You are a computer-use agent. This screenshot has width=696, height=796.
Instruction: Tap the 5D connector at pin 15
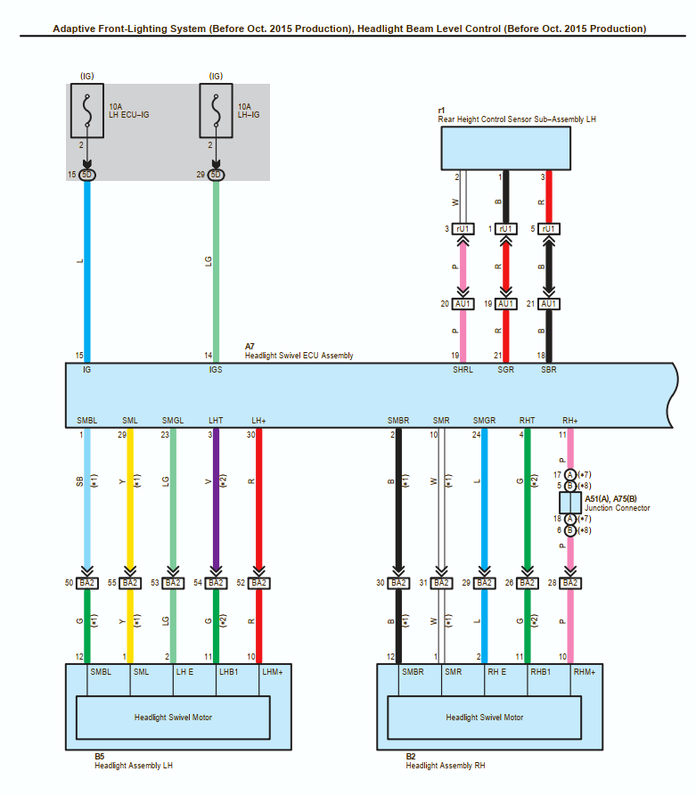coord(86,175)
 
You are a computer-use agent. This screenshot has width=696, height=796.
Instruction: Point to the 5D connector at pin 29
coord(215,175)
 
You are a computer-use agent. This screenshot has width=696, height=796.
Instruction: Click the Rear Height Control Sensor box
coord(505,148)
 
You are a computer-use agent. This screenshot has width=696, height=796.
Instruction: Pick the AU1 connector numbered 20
coord(463,304)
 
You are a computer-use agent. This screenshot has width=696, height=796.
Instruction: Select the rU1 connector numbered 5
coord(549,229)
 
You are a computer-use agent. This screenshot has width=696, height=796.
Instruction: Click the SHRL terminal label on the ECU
coord(463,369)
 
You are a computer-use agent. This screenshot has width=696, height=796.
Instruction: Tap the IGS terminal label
coord(215,369)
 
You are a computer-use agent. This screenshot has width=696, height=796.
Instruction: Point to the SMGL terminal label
coord(173,420)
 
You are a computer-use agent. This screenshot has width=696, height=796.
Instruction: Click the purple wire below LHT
coord(215,499)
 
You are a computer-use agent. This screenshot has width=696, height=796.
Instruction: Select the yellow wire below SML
coord(130,499)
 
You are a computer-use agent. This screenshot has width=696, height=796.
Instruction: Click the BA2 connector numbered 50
coord(86,583)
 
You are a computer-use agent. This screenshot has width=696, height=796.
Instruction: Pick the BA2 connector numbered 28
coord(570,583)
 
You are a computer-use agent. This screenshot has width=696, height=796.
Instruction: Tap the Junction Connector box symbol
coord(570,502)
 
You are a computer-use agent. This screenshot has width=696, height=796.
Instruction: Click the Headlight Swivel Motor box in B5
coord(173,718)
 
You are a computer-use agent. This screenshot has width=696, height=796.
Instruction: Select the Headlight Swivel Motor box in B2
coord(485,718)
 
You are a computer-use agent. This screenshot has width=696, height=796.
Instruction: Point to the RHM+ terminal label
coord(584,673)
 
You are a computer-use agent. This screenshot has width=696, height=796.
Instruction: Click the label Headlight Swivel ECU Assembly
coord(299,355)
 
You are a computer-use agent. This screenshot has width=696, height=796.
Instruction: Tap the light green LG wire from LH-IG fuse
coord(215,267)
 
